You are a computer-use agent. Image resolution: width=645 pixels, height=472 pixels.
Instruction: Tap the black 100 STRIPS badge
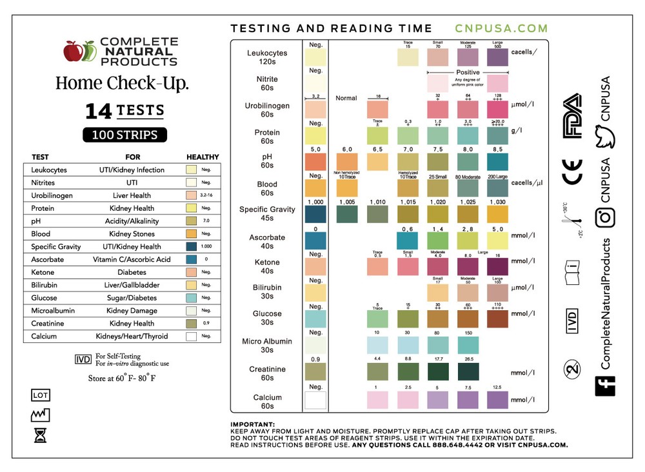click(124, 135)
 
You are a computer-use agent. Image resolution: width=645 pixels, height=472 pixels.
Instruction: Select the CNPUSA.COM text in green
click(501, 28)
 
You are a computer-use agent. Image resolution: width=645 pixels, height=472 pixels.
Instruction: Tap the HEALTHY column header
click(203, 157)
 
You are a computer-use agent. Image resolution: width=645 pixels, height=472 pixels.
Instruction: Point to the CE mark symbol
click(573, 172)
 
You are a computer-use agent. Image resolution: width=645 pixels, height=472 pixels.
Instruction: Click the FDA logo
click(573, 116)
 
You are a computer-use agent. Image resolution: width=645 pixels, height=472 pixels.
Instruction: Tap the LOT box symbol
click(40, 395)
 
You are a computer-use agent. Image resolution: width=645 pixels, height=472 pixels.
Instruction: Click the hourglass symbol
click(40, 437)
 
